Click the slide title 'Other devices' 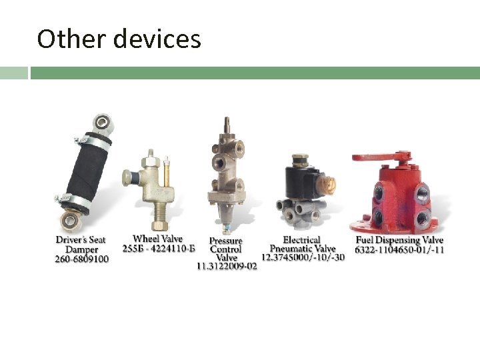coord(119,39)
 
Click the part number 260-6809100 coord(81,259)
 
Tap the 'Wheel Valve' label coord(157,239)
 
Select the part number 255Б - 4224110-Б coord(159,249)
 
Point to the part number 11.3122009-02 coord(226,266)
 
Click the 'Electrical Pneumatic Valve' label coord(302,244)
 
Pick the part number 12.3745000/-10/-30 coord(303,257)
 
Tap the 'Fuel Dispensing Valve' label coord(399,240)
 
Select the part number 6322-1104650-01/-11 coord(399,250)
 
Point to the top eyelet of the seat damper coord(101,122)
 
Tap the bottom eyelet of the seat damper coord(69,219)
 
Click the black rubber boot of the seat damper coord(86,169)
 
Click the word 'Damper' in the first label coord(81,249)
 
